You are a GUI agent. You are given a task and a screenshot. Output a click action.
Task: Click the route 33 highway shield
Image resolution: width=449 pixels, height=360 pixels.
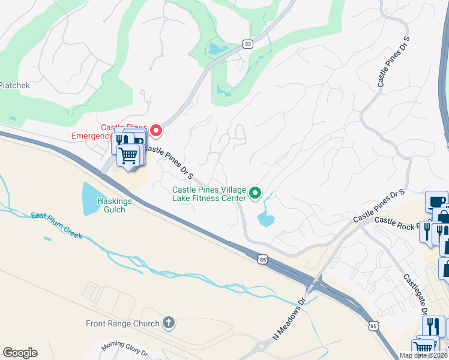tap(247, 44)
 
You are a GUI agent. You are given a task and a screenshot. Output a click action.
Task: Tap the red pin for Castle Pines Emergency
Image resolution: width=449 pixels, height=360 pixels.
tap(157, 130)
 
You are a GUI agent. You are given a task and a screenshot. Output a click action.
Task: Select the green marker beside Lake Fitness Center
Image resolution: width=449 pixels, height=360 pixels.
tap(255, 193)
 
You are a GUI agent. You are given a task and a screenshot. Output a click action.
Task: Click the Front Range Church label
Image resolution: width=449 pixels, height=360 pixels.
tap(122, 323)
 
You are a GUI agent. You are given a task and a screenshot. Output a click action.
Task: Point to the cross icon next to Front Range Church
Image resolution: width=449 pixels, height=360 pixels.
tap(169, 323)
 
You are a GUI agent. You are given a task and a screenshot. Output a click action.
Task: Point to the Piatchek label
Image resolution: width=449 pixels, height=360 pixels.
tap(14, 85)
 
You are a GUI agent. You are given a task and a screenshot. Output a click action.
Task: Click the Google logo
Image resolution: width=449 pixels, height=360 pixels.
tap(20, 353)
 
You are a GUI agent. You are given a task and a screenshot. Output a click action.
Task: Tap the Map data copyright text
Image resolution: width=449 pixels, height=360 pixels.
tap(424, 355)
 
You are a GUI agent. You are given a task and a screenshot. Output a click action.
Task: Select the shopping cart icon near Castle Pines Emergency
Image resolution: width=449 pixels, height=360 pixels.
tap(128, 156)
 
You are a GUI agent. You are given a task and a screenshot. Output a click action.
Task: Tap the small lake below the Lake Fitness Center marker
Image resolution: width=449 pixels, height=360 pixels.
tap(266, 218)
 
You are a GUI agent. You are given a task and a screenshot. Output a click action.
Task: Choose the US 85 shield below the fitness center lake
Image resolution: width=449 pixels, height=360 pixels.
tap(260, 259)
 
